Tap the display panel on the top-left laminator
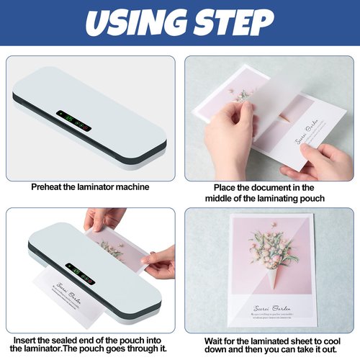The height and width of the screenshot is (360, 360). click(x=74, y=118)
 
